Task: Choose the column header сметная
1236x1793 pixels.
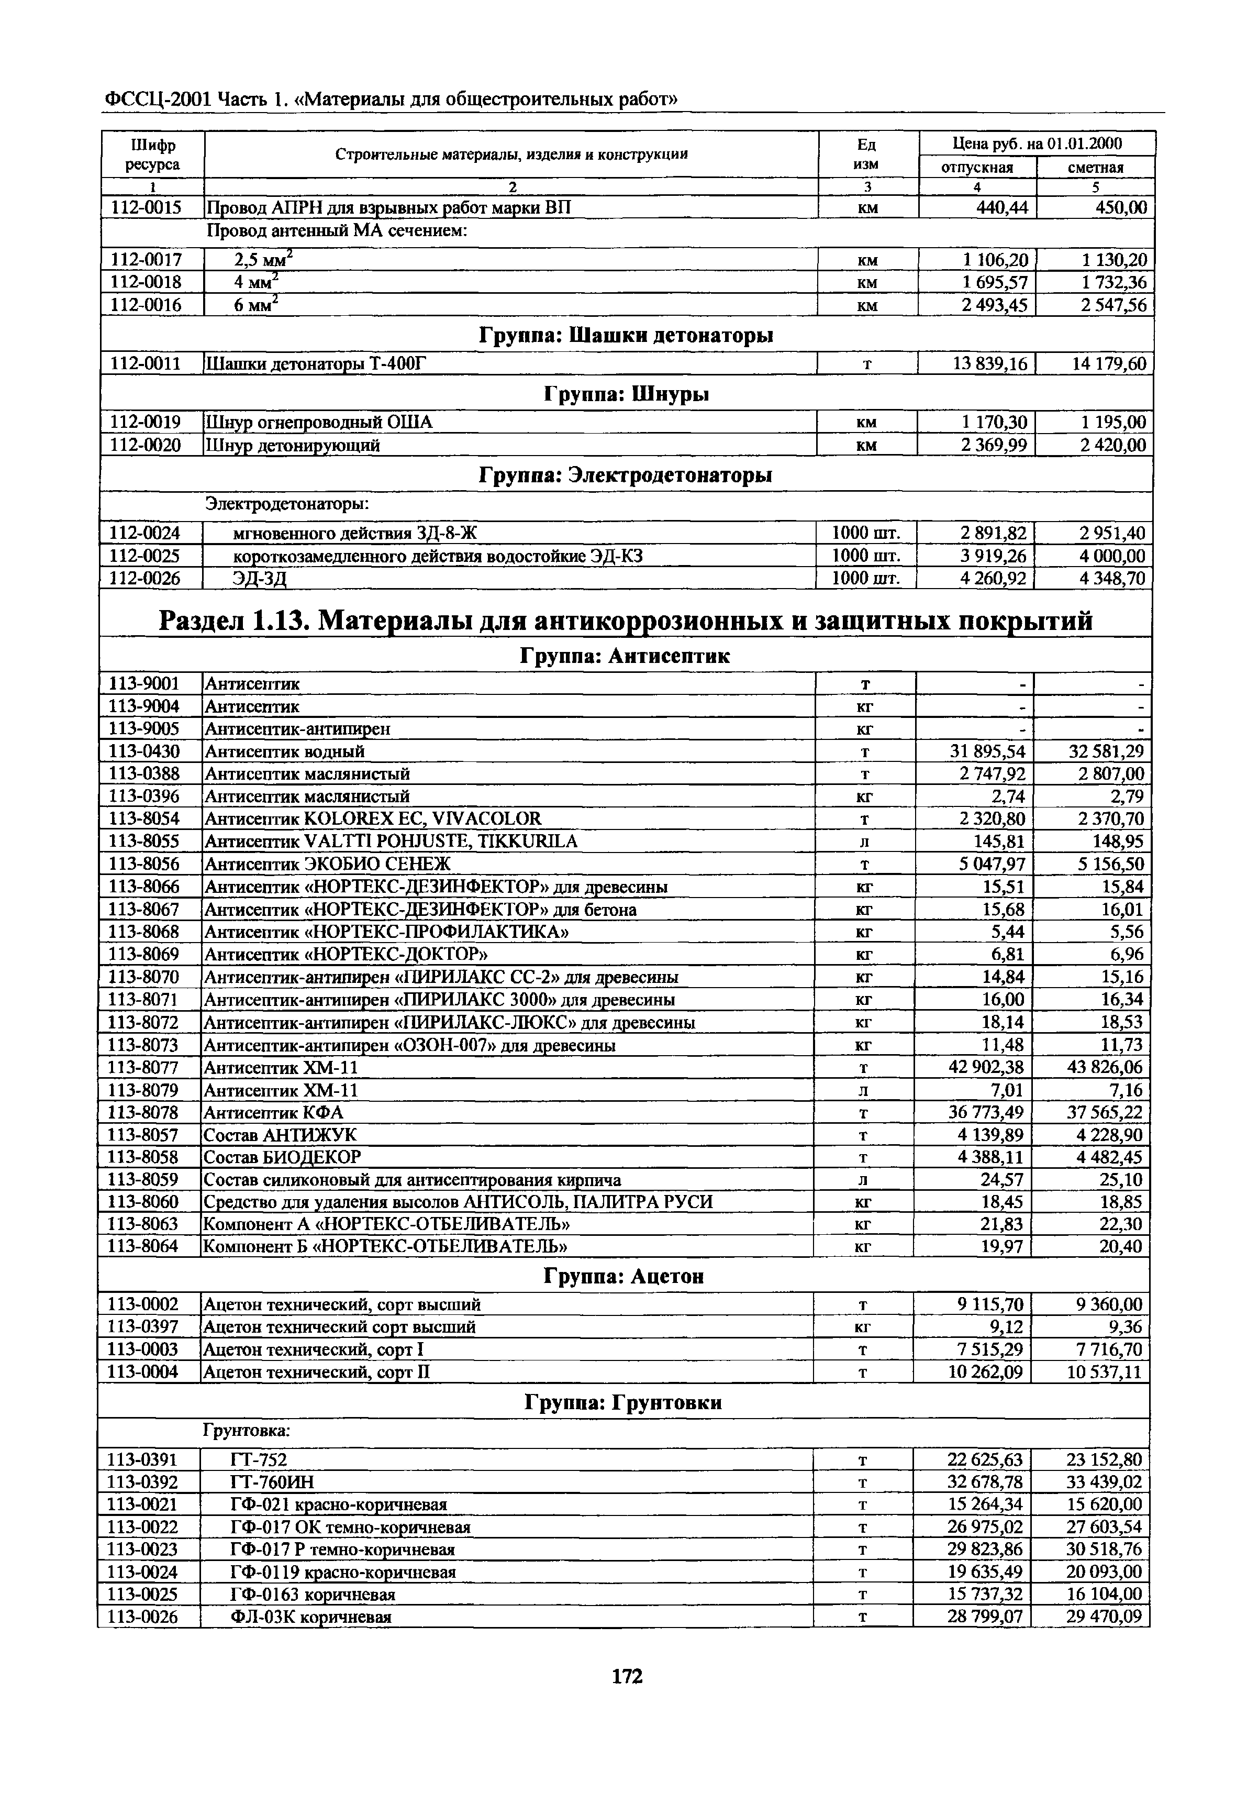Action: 1095,167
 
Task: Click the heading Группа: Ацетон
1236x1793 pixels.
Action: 624,1276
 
